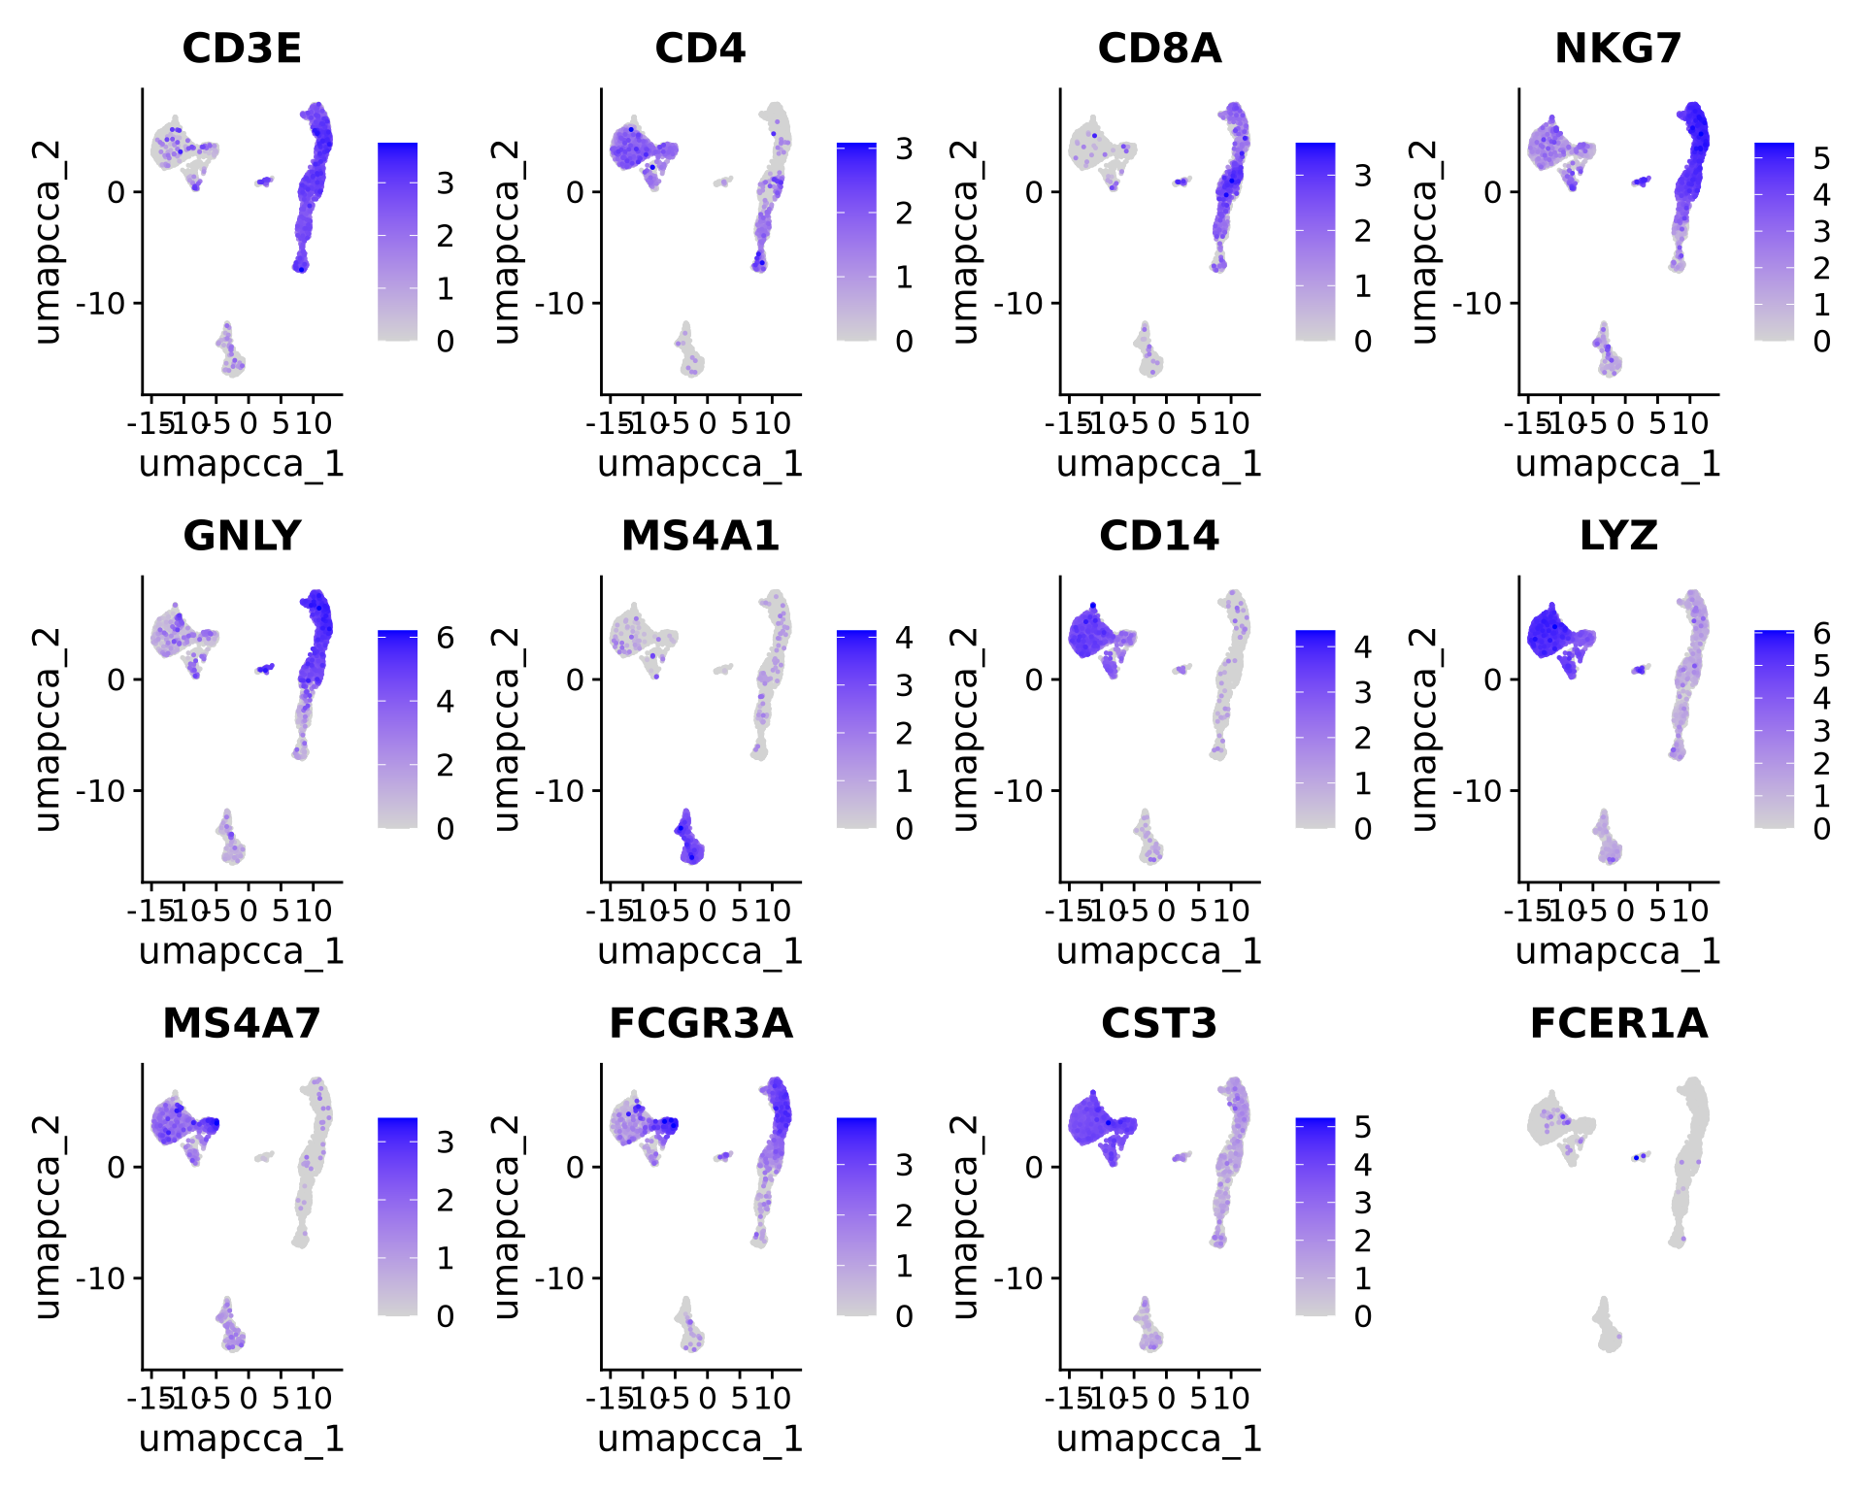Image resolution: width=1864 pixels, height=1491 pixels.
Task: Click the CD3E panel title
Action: pos(242,49)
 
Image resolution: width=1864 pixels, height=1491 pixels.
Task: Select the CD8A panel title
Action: pos(1159,49)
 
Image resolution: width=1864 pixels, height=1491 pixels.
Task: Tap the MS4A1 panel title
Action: pos(700,536)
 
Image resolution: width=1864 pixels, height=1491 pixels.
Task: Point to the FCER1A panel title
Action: pos(1618,1023)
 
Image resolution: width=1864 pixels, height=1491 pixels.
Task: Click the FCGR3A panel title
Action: pos(700,1023)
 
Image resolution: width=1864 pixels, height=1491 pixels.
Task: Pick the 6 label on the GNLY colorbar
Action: pos(446,638)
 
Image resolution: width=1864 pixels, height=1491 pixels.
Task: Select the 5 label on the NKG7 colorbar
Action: pos(1822,158)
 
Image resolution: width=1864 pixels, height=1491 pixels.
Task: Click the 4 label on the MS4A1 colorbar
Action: pos(904,638)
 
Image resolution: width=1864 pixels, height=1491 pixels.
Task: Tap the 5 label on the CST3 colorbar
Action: pos(1363,1127)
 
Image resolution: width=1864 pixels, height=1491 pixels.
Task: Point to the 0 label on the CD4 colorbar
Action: pos(904,341)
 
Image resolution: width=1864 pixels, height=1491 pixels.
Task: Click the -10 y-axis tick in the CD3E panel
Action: pos(102,304)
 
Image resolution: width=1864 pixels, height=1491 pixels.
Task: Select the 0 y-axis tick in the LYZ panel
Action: pos(1493,679)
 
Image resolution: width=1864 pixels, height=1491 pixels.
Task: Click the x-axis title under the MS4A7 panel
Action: pos(242,1439)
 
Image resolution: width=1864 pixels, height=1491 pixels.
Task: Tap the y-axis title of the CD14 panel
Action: pos(965,729)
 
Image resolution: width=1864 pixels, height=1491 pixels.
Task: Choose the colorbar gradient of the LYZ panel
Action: pos(1774,729)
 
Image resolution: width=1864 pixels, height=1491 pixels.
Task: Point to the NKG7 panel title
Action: pos(1618,49)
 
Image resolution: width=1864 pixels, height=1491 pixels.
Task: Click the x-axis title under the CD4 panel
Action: pos(700,464)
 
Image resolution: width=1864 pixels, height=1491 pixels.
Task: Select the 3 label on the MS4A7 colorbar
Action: pos(446,1143)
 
